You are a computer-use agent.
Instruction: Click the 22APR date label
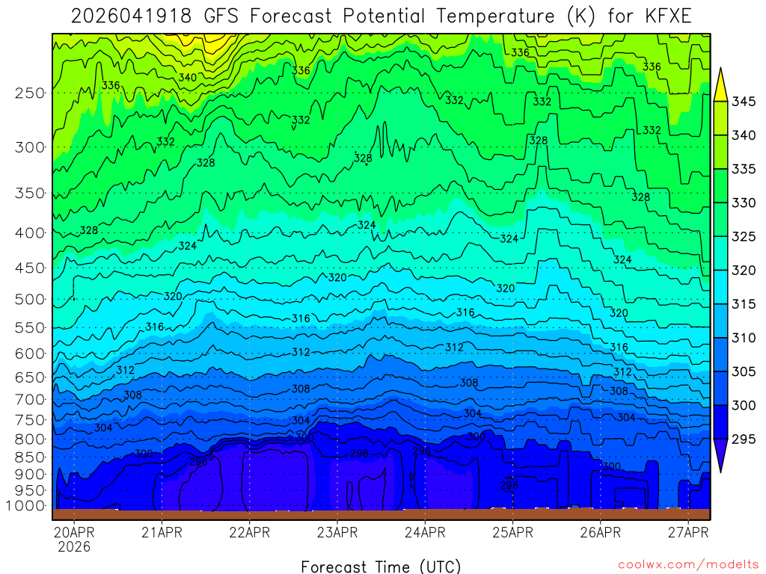249,533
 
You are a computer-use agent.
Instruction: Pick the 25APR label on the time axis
512,533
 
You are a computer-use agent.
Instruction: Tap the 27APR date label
687,533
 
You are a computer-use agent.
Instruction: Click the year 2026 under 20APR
73,547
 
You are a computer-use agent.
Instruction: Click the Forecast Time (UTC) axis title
381,566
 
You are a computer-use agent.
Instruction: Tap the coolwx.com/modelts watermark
687,564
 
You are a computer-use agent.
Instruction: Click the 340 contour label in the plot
188,78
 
